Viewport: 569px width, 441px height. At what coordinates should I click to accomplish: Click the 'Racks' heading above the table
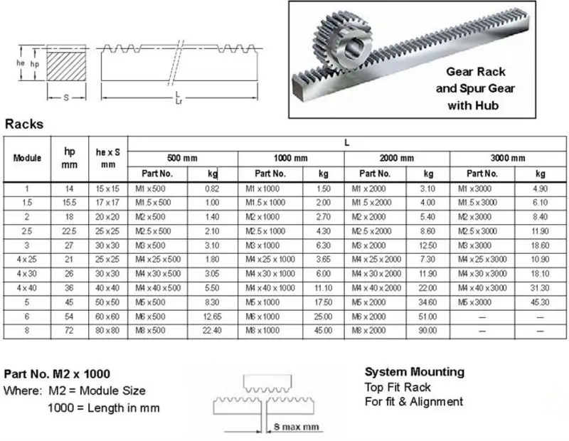click(x=24, y=124)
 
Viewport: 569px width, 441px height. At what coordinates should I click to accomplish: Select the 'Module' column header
click(x=27, y=157)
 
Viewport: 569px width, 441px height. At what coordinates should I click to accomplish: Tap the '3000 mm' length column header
click(x=508, y=158)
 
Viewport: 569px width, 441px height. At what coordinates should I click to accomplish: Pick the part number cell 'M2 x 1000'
click(x=262, y=216)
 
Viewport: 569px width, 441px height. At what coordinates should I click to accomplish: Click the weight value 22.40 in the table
click(x=211, y=331)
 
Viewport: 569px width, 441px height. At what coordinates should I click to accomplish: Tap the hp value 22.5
click(x=70, y=230)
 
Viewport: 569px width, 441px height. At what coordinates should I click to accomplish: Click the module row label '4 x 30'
click(x=27, y=273)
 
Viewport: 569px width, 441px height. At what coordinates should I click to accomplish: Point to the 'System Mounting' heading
click(x=414, y=372)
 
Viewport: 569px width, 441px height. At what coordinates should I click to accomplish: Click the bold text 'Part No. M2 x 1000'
click(x=57, y=374)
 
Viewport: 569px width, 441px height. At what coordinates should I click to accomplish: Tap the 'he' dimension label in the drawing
click(x=21, y=63)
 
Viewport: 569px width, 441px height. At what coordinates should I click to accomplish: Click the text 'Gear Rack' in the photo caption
click(x=475, y=72)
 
